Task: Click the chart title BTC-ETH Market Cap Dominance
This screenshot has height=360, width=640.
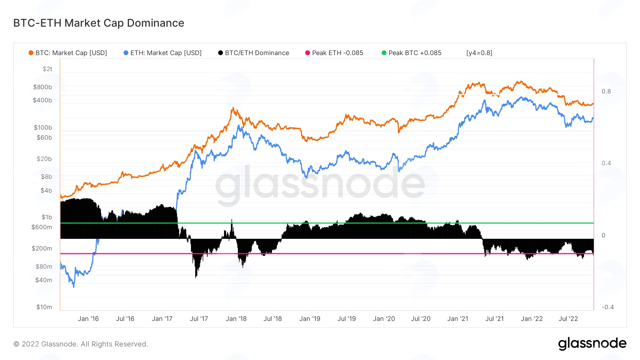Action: point(99,23)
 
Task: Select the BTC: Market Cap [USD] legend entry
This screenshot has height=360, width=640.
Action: point(68,53)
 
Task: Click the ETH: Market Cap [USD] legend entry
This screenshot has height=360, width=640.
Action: point(162,53)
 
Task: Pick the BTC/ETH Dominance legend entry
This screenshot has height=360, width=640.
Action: point(254,53)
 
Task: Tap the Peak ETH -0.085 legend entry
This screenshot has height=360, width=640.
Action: point(334,53)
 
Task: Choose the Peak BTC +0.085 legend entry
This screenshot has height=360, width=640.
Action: point(411,53)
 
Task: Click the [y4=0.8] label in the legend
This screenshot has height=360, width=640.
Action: point(479,53)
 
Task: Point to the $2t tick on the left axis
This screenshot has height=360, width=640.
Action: point(48,69)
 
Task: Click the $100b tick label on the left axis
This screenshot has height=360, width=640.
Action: point(43,128)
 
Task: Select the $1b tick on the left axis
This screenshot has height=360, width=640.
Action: point(47,217)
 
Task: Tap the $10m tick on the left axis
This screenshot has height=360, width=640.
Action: point(44,307)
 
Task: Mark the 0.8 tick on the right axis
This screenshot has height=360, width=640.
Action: point(606,91)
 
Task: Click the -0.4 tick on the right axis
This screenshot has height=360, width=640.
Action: point(608,307)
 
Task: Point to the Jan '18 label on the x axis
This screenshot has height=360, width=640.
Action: point(236,319)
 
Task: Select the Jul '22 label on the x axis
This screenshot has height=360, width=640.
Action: point(568,319)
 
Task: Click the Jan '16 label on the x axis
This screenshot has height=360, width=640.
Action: point(88,319)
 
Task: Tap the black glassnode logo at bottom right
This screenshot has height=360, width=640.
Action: point(592,344)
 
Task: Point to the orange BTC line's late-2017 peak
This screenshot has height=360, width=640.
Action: point(233,108)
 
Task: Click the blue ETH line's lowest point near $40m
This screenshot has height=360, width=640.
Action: point(74,286)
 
